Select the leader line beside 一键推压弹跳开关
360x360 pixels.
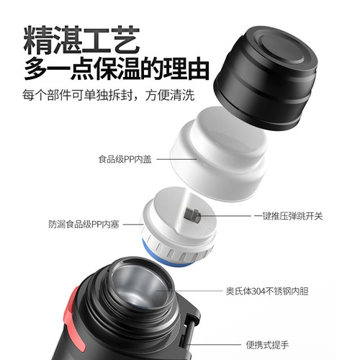(227, 215)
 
